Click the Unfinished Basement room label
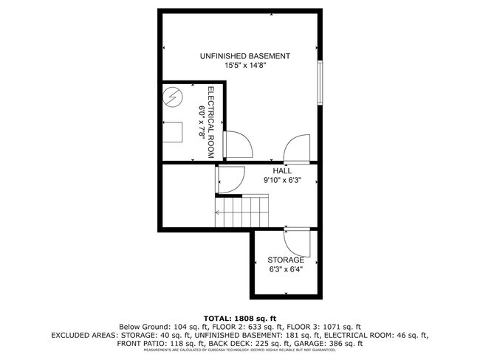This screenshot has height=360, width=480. pos(244,56)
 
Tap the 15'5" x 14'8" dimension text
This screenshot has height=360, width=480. pos(244,66)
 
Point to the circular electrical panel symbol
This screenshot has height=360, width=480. pos(173,98)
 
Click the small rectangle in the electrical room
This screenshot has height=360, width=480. pos(174,132)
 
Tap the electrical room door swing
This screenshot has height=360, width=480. pos(238,145)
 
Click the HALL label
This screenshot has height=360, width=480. pos(282,170)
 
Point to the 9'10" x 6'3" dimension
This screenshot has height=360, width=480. pos(282,179)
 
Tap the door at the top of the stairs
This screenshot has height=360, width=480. pos(230,179)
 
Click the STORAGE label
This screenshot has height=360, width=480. pos(286,260)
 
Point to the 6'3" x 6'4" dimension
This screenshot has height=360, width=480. pos(286,269)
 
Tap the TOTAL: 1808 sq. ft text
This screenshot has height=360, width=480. pos(240,316)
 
